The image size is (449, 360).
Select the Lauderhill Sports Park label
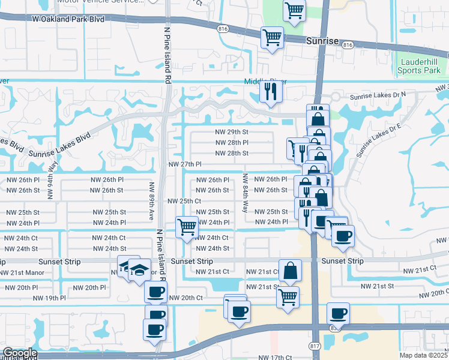click(x=423, y=66)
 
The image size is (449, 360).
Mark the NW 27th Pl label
click(x=184, y=164)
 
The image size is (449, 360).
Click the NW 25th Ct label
click(x=183, y=201)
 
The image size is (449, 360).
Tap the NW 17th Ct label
click(x=275, y=358)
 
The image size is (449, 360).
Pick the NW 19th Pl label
click(x=49, y=298)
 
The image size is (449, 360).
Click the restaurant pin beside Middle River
click(x=271, y=91)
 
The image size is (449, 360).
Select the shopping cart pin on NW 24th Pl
click(x=187, y=227)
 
